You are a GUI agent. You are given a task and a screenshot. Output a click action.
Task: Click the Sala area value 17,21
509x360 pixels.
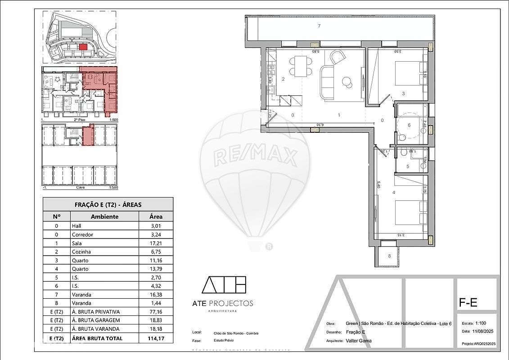(x=156, y=243)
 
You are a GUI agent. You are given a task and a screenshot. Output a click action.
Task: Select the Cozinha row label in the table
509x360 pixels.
(x=81, y=252)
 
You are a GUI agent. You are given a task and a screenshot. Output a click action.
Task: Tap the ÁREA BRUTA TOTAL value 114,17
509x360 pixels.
(x=156, y=337)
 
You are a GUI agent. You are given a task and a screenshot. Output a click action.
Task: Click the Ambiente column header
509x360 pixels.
(x=104, y=216)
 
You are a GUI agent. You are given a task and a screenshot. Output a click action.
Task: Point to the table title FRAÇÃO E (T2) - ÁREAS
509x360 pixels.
(x=108, y=204)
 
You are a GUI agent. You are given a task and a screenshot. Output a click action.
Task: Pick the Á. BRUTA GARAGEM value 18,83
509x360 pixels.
(x=156, y=320)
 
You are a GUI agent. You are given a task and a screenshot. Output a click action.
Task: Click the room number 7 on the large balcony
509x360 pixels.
(x=319, y=26)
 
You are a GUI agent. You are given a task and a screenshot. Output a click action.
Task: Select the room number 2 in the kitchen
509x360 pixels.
(x=283, y=79)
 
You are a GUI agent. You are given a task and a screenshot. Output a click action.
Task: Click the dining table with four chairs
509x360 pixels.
(x=299, y=66)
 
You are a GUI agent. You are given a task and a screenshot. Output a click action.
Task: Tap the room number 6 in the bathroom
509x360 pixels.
(x=409, y=126)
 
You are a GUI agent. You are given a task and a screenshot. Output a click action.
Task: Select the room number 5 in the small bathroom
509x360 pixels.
(x=407, y=166)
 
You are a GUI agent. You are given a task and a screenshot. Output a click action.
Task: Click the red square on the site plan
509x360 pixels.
(x=82, y=46)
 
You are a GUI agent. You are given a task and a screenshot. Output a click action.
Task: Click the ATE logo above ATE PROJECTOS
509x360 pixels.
(x=224, y=284)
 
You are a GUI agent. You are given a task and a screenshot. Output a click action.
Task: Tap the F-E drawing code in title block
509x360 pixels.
(x=468, y=303)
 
